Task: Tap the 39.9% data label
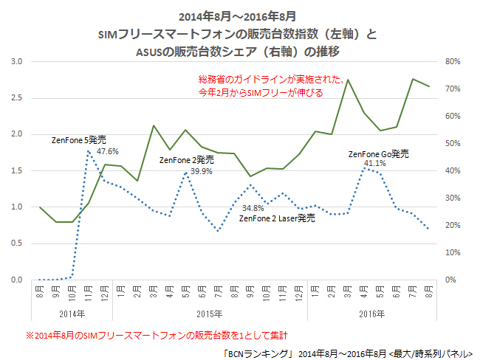[x=202, y=171]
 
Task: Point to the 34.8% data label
[x=253, y=208]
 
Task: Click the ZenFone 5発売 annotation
[x=79, y=139]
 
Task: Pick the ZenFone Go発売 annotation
[x=378, y=153]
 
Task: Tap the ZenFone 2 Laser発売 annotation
[x=278, y=218]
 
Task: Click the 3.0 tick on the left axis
[x=16, y=61]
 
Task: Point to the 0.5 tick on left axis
[x=16, y=243]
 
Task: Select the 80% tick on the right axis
[x=452, y=61]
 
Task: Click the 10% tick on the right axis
[x=452, y=252]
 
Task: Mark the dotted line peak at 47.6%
[x=89, y=150]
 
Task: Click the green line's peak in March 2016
[x=348, y=80]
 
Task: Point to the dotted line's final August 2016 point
[x=429, y=229]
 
